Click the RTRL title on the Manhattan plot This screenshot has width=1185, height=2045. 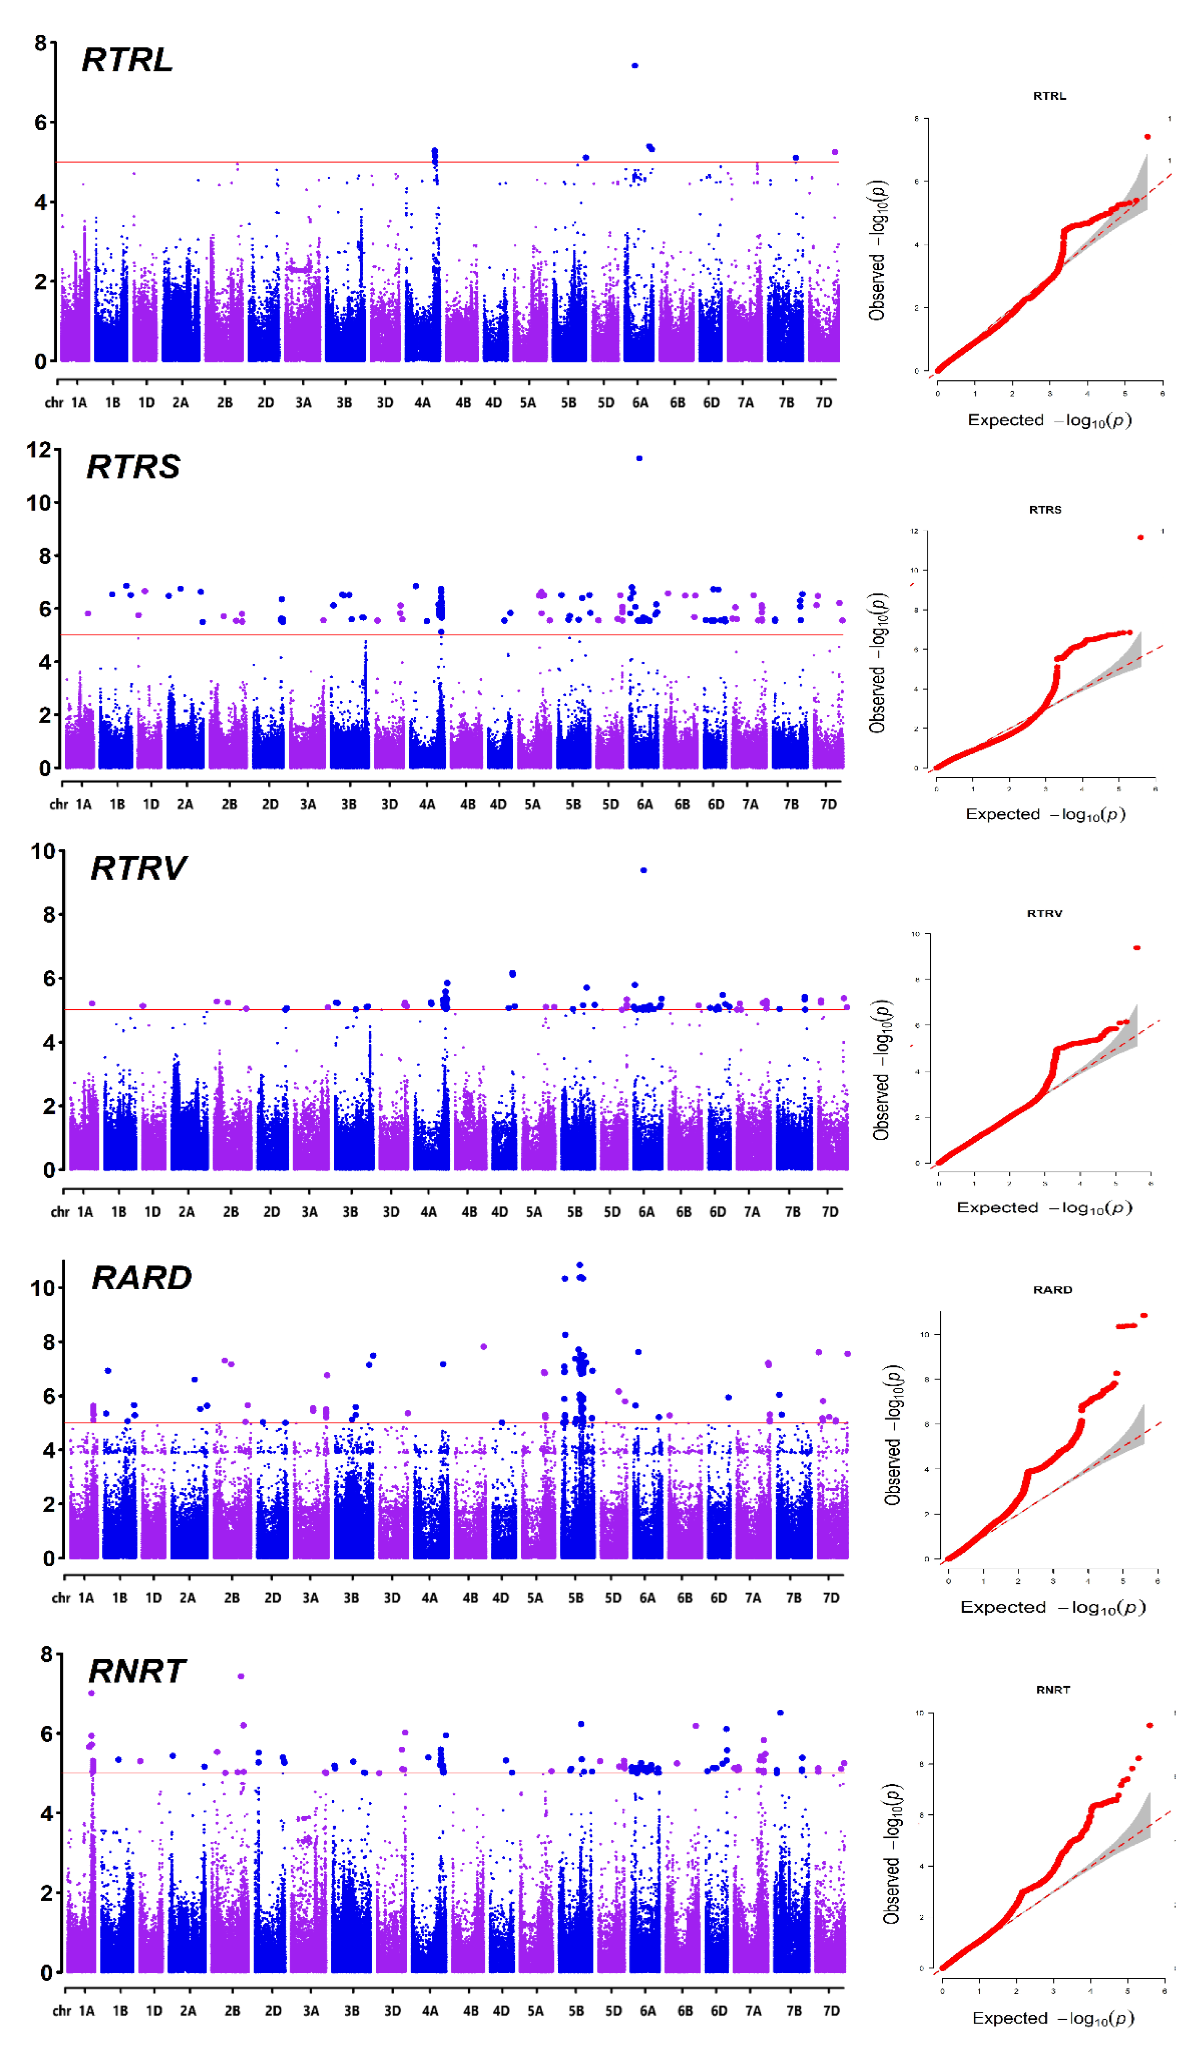(x=128, y=60)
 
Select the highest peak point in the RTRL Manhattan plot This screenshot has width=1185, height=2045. (x=635, y=66)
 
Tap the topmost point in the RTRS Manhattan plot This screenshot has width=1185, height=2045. (x=640, y=459)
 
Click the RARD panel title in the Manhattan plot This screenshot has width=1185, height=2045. (x=142, y=1278)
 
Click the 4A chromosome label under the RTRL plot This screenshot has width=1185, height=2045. (x=422, y=403)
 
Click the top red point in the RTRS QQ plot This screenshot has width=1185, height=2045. (x=1140, y=537)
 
